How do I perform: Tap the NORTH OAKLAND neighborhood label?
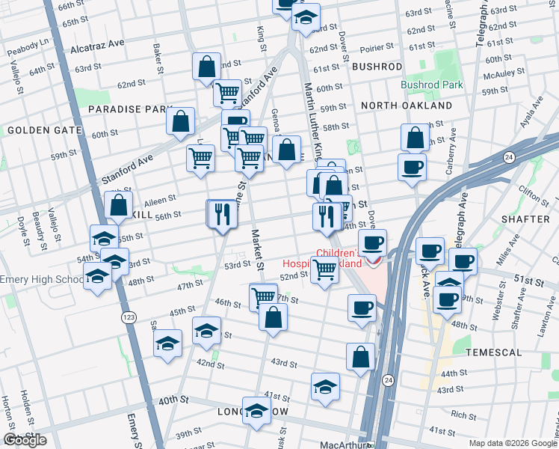(406, 106)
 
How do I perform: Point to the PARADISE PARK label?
(130, 109)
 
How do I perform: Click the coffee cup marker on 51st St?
(463, 262)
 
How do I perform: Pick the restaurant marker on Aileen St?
(222, 213)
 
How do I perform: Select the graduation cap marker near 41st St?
(325, 387)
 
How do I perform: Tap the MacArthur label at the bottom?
(340, 445)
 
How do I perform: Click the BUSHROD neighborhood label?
(377, 67)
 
